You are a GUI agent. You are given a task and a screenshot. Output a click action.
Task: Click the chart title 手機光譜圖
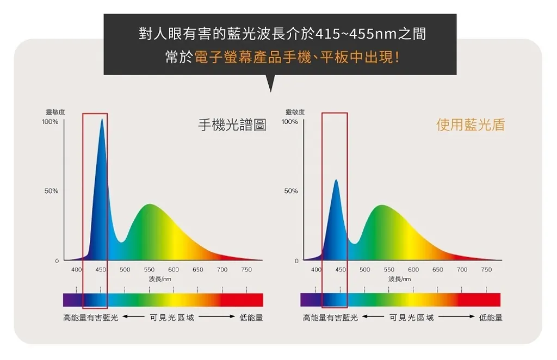coord(232,126)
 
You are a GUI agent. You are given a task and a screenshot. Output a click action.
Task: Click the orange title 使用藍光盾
coord(470,125)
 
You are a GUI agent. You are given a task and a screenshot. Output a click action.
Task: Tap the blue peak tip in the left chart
coord(102,120)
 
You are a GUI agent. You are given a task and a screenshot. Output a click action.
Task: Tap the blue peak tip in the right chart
coord(336,181)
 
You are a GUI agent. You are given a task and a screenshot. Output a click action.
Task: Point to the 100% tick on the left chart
coord(50,122)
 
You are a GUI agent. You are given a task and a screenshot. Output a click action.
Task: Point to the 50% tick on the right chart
coord(290,191)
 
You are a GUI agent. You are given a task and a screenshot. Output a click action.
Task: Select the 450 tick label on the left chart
coord(101,270)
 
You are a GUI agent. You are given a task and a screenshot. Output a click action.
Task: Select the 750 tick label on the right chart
coord(486,270)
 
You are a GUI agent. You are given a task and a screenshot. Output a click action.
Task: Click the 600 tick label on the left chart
coord(174,270)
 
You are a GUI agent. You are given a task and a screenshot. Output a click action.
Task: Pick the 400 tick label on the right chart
coord(316,270)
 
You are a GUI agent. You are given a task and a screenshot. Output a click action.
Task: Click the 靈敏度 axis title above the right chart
coord(295,112)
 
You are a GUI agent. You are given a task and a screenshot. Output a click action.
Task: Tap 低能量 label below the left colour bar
coord(251,318)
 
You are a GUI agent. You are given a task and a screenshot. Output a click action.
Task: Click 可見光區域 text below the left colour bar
coord(172,318)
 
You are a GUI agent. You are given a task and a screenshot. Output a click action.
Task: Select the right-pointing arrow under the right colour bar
coord(457,318)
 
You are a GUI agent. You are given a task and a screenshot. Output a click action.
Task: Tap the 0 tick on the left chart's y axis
coord(57,261)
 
